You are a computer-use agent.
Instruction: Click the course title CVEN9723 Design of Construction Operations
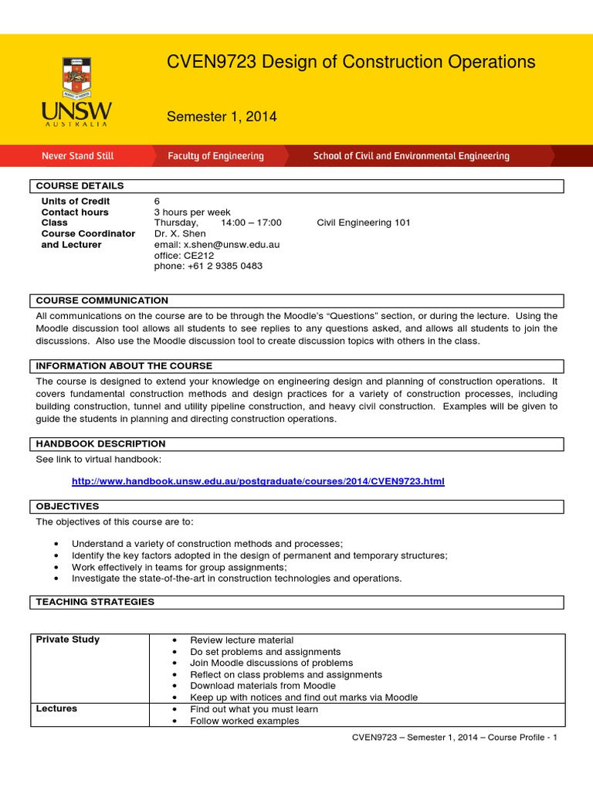pos(351,63)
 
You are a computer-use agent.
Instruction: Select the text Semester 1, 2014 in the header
pos(222,117)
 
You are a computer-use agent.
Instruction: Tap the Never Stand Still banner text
pos(77,156)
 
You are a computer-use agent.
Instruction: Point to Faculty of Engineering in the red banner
pos(215,156)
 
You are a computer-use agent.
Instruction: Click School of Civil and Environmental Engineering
pos(411,156)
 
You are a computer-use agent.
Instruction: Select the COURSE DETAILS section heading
pos(80,186)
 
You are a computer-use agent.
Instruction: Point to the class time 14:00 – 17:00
pos(251,223)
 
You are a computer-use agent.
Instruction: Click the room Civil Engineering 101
pos(364,223)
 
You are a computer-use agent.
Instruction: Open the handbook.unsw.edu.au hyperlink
pos(258,482)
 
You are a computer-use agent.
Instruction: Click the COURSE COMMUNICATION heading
pos(102,300)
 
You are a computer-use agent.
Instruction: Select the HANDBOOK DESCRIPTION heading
pos(100,444)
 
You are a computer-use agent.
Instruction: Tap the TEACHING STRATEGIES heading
pos(95,602)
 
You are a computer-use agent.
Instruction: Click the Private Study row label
pos(68,640)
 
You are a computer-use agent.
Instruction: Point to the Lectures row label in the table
pos(56,709)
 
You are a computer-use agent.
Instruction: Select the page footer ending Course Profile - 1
pos(454,738)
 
